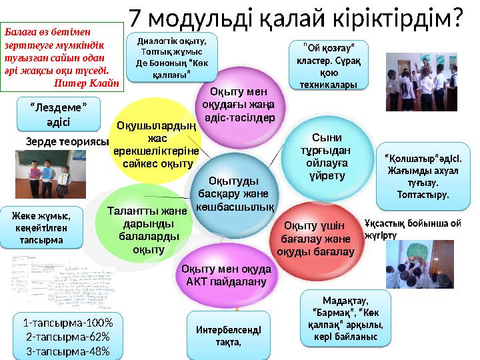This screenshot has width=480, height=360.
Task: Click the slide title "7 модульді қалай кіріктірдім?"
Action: (295, 17)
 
